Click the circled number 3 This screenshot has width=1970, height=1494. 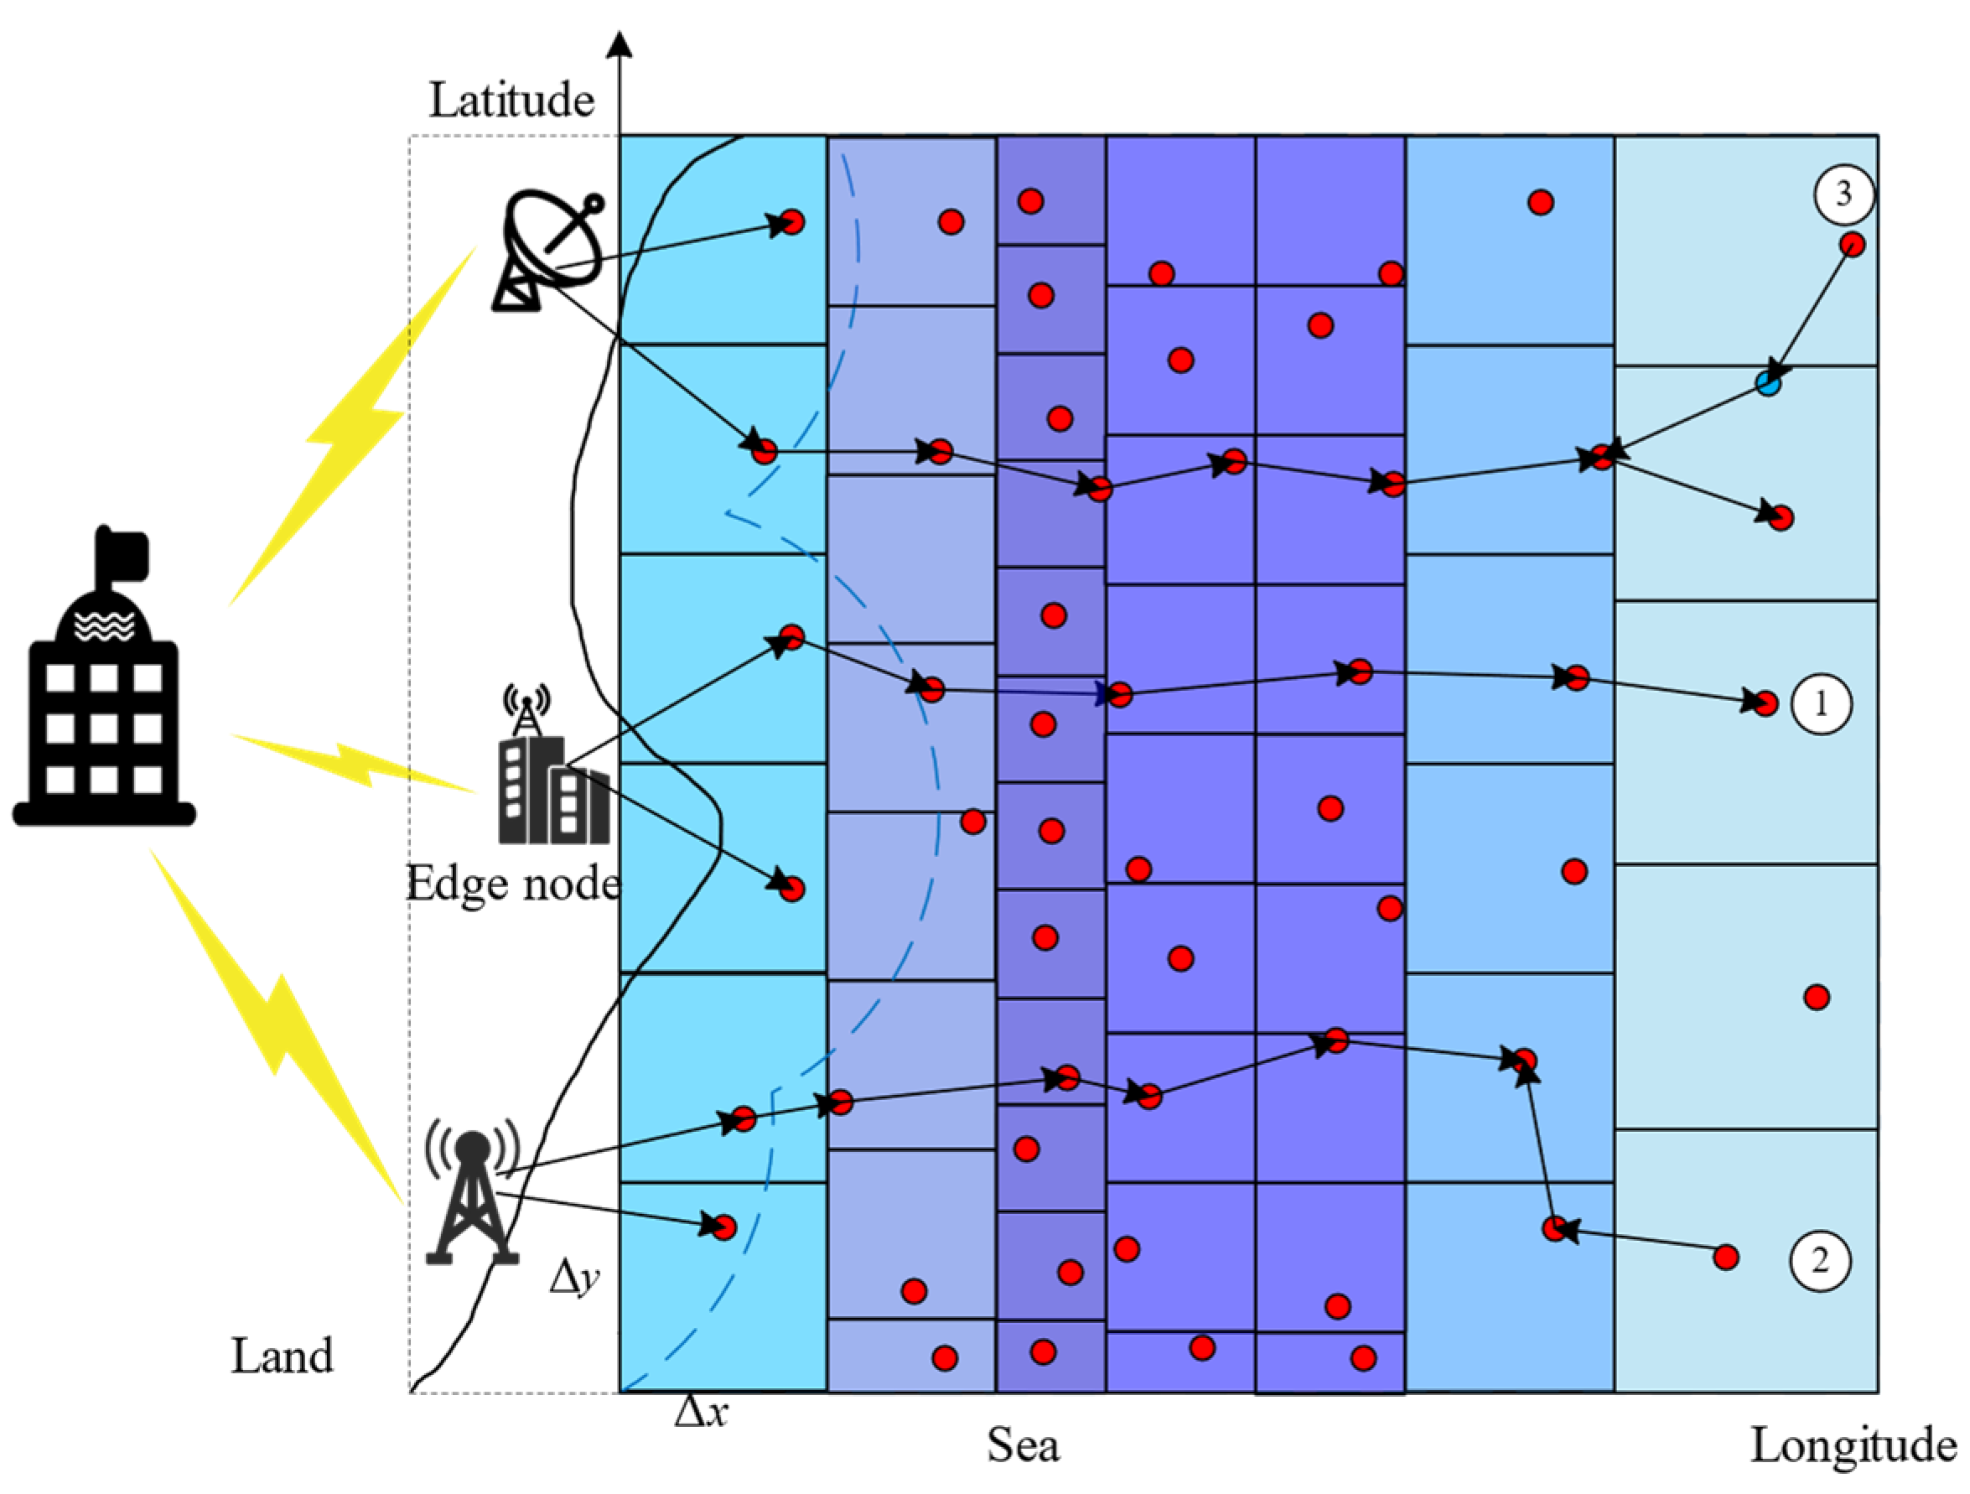[x=1843, y=194]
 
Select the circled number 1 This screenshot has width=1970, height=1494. [x=1822, y=703]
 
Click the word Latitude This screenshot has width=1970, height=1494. [x=511, y=100]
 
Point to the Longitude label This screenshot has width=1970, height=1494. [x=1853, y=1445]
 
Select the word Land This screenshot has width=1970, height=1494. [x=283, y=1356]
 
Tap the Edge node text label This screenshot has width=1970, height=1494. [x=513, y=884]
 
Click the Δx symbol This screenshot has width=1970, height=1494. [x=701, y=1412]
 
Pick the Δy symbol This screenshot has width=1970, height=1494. [x=574, y=1279]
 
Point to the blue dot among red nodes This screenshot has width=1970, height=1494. [x=1768, y=384]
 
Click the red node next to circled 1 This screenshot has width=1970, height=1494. [x=1765, y=703]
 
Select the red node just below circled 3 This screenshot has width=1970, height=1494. [x=1852, y=244]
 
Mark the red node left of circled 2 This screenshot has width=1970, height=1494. [x=1726, y=1257]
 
